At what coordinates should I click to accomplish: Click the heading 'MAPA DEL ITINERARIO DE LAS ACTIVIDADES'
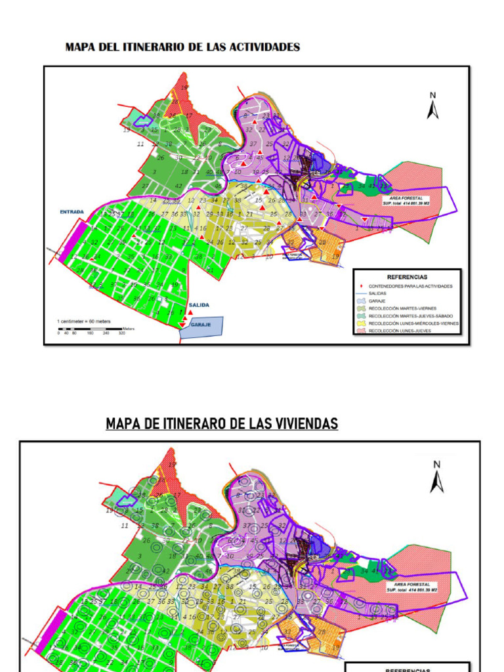[182, 47]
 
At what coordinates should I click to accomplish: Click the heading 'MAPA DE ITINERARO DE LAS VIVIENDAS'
[222, 424]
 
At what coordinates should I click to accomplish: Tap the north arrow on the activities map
[432, 106]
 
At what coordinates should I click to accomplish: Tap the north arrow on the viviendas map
[436, 477]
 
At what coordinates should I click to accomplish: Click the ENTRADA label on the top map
[72, 212]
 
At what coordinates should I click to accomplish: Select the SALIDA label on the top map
[199, 305]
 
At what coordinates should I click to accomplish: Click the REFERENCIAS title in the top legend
[407, 277]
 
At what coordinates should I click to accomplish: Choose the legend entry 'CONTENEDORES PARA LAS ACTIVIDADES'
[410, 286]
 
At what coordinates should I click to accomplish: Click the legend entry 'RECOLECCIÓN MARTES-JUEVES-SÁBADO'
[411, 316]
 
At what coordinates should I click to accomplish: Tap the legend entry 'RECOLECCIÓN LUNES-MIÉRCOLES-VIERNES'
[413, 324]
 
